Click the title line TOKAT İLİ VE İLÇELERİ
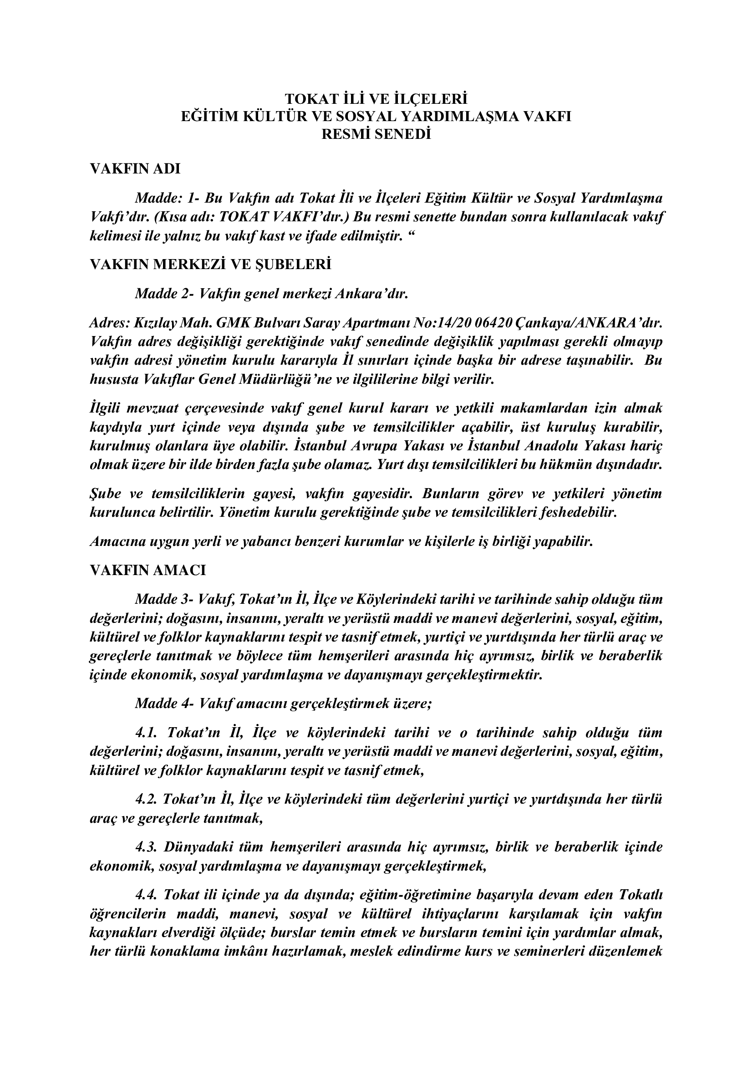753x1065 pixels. pyautogui.click(x=376, y=99)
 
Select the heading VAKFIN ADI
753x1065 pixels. pyautogui.click(x=135, y=168)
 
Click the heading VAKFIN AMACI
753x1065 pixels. pyautogui.click(x=148, y=570)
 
